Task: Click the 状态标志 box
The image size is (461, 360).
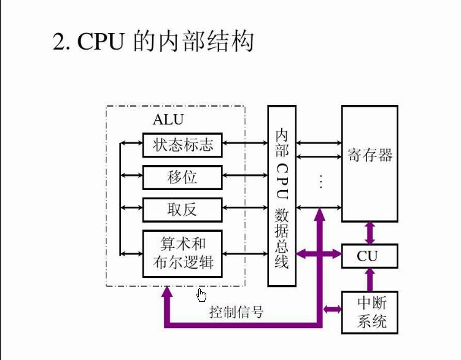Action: point(182,145)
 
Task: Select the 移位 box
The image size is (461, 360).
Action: point(182,177)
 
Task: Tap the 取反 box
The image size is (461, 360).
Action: point(182,210)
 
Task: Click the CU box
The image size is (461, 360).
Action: point(368,256)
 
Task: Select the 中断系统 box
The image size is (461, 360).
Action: point(368,312)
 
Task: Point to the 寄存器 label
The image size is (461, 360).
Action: point(369,155)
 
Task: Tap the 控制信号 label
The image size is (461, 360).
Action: point(236,312)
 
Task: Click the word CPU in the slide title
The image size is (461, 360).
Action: point(101,43)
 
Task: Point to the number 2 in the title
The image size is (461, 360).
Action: point(59,44)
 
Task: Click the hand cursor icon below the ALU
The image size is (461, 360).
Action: point(201,296)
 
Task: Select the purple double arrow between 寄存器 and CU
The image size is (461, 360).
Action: point(369,232)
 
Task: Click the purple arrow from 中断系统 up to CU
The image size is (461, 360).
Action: point(369,280)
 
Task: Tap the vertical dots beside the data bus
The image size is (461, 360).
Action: point(320,181)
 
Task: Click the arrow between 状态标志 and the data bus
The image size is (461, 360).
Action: point(245,145)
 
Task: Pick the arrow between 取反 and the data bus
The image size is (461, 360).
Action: point(245,210)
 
